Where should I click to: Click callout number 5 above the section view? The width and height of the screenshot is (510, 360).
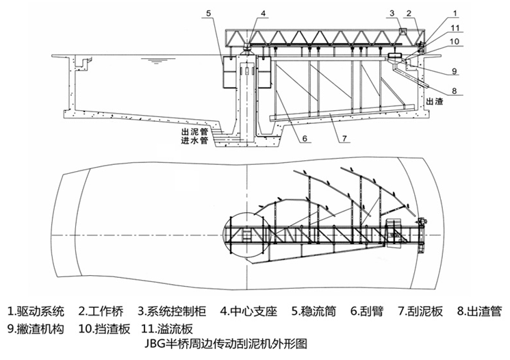[x=209, y=12]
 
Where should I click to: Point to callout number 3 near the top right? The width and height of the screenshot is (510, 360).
[x=392, y=12]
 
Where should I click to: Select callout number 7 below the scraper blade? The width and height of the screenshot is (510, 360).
[x=346, y=138]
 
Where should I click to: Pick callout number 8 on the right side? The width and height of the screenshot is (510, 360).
[x=452, y=88]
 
